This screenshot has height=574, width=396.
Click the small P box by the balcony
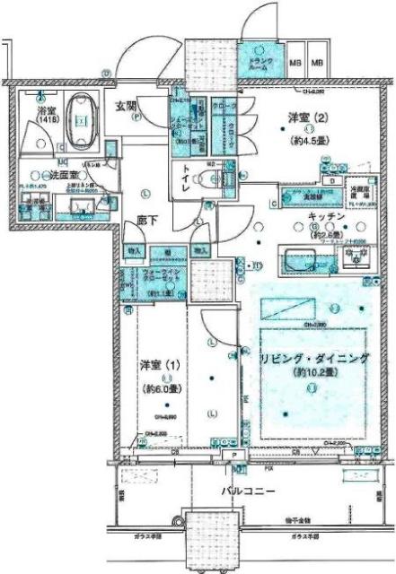point(233,456)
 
